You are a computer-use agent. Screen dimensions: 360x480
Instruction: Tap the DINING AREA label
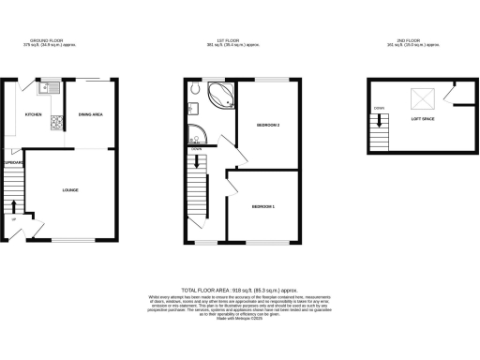[90, 114]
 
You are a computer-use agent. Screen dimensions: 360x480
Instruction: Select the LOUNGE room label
[70, 190]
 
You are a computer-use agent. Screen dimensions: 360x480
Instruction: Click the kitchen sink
[49, 89]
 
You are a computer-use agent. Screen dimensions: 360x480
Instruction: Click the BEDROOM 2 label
[269, 125]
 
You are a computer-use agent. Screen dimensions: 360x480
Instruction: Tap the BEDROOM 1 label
[262, 205]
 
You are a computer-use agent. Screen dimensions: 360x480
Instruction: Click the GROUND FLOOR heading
[46, 41]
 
